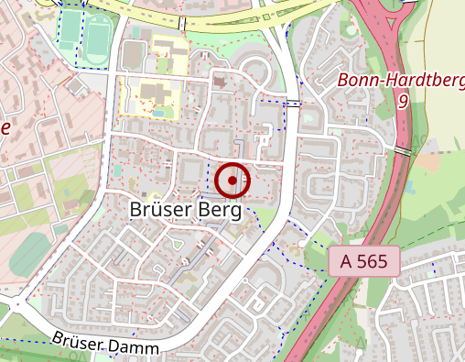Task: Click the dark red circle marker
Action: pos(232,180)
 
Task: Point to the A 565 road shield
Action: pos(364,261)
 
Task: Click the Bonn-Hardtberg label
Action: pos(401,80)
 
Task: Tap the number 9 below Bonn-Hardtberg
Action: pos(402,101)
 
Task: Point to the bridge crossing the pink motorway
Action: pos(403,149)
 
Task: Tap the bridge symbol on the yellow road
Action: pos(183,24)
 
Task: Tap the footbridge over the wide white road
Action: pos(293,104)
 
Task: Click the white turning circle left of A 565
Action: pos(301,245)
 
